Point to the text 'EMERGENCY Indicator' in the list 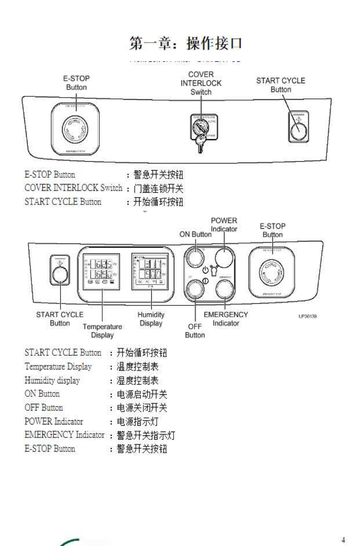pos(64,435)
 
